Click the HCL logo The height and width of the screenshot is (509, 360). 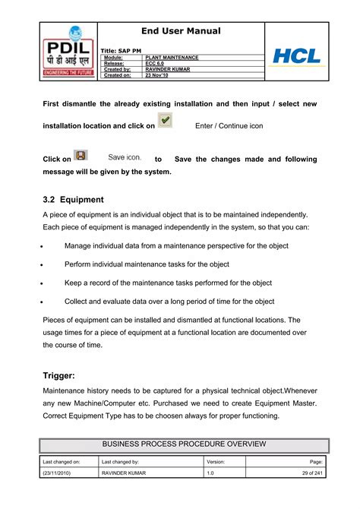[297, 55]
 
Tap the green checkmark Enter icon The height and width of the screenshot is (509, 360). [166, 121]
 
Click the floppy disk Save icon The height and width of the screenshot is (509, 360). [81, 156]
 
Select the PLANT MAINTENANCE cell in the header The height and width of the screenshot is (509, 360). [176, 58]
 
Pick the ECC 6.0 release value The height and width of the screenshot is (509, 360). [156, 64]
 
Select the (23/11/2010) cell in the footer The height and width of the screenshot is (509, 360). [58, 474]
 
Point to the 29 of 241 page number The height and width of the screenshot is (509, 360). [311, 474]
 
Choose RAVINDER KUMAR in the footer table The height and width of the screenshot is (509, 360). [125, 474]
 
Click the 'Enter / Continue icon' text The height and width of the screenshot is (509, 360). [229, 125]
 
